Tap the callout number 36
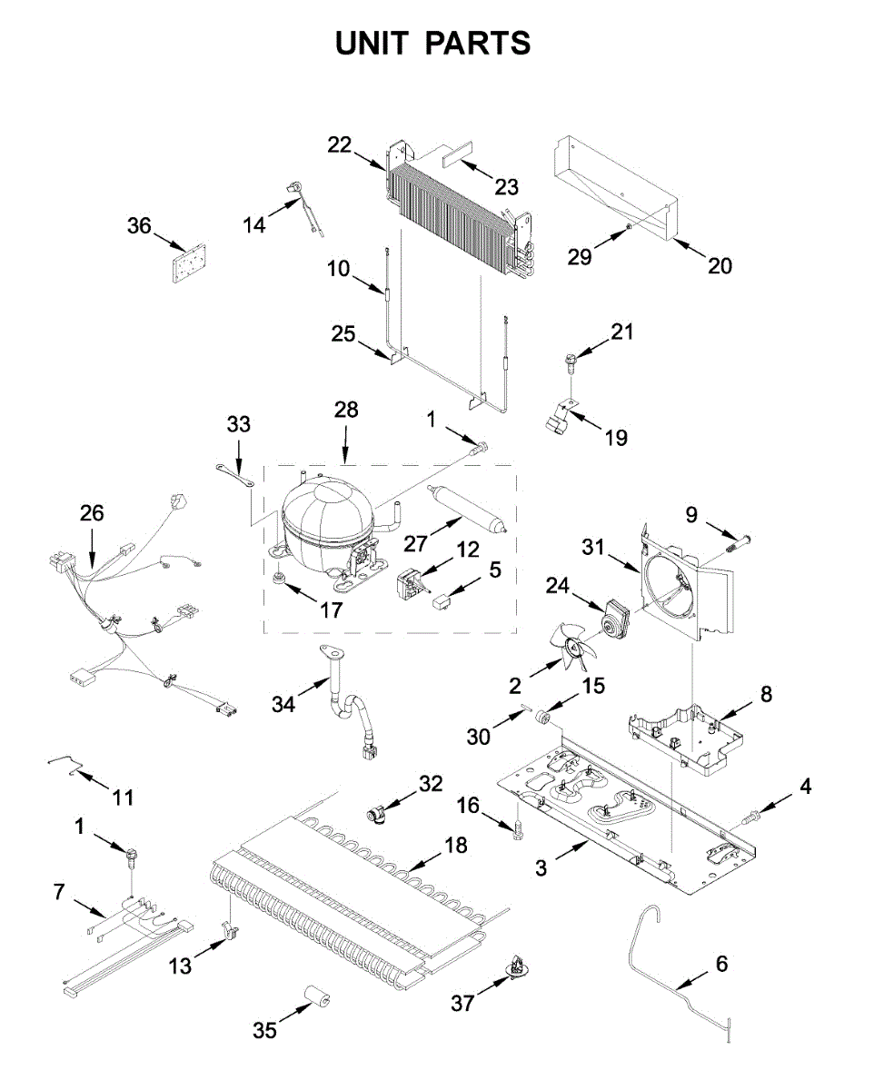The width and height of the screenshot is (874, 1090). click(139, 225)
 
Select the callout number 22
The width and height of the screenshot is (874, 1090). click(339, 145)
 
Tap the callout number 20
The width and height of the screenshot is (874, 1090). click(720, 265)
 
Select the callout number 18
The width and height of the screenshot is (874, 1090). click(456, 846)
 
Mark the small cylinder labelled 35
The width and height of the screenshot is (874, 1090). click(317, 1001)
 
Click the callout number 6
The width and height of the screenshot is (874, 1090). click(721, 964)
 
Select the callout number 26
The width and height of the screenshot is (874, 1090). click(92, 513)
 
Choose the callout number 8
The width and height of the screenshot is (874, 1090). click(766, 695)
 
